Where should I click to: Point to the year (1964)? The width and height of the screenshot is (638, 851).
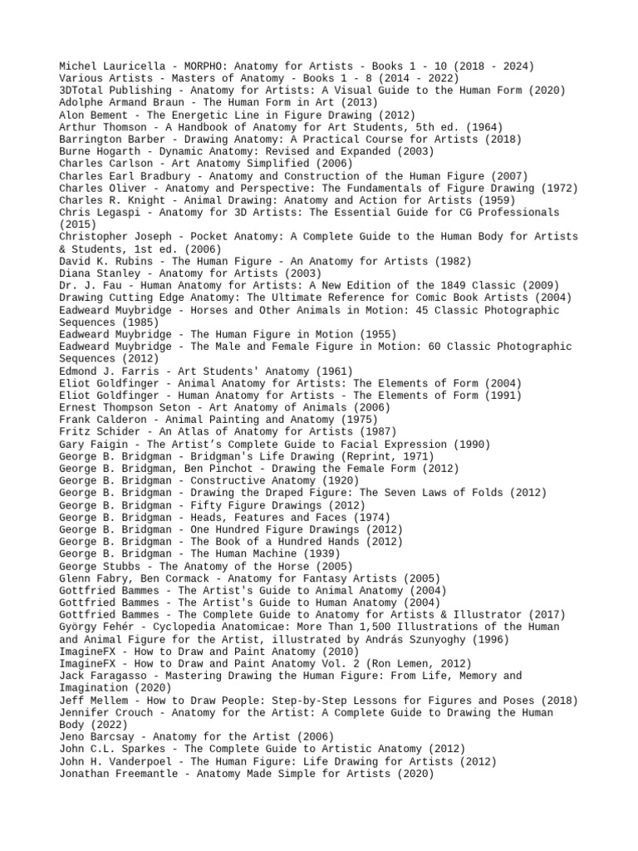point(483,127)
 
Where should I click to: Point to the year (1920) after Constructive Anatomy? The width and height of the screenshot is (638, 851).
point(340,480)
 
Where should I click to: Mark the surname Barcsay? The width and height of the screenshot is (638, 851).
point(119,736)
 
